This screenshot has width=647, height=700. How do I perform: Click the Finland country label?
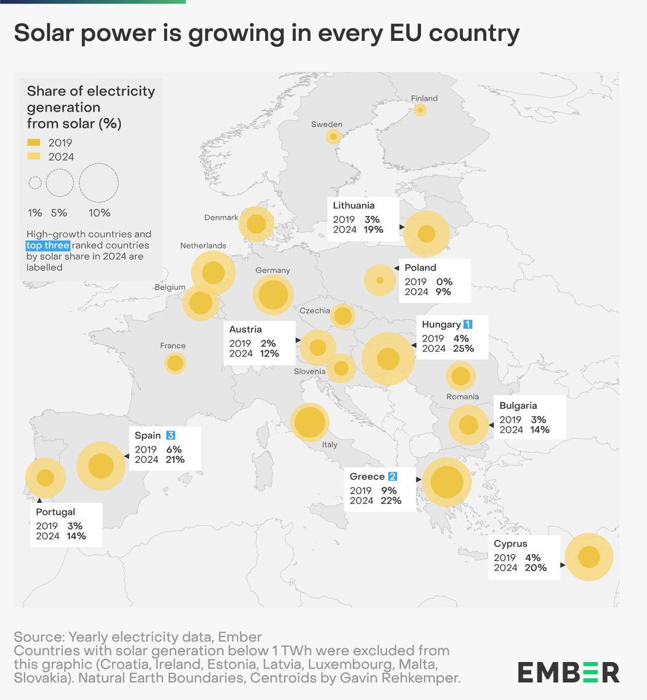(424, 99)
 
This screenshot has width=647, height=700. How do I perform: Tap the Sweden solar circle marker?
(333, 137)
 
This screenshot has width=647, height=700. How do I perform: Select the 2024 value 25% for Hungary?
(463, 349)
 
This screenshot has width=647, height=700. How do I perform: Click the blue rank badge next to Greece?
(392, 477)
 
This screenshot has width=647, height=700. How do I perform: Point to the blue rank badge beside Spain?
(171, 435)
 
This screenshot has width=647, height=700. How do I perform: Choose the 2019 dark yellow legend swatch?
(34, 142)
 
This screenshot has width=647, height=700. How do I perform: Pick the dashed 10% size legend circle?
(99, 183)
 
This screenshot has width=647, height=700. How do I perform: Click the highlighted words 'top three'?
(48, 246)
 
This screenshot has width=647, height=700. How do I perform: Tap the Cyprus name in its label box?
(510, 544)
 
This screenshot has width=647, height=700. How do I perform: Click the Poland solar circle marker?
(380, 280)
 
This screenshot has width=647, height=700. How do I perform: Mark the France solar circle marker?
(175, 363)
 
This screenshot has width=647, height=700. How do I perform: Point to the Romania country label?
(462, 397)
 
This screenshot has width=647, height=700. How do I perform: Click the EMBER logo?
(568, 672)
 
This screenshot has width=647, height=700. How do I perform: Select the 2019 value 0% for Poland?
(444, 282)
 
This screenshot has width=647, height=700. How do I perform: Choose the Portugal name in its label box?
(55, 512)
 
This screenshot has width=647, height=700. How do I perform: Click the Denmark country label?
(221, 218)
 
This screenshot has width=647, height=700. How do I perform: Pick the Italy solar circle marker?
(309, 422)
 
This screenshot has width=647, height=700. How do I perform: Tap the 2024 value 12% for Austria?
(269, 353)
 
